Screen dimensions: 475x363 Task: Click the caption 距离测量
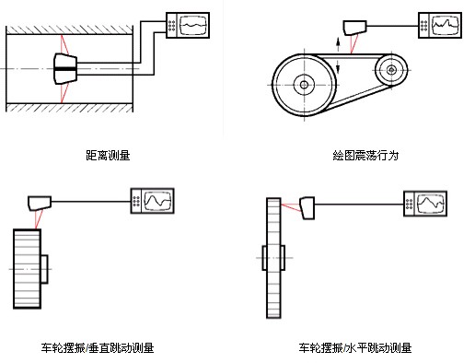pyautogui.click(x=108, y=156)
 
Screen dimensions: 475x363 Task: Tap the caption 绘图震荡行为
pyautogui.click(x=365, y=156)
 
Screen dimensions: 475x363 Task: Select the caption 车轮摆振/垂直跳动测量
pyautogui.click(x=98, y=348)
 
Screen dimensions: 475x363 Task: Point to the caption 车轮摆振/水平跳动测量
pyautogui.click(x=355, y=348)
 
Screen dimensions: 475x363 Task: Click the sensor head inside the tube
pyautogui.click(x=65, y=68)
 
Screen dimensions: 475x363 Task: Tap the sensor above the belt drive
pyautogui.click(x=354, y=28)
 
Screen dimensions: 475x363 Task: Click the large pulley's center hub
pyautogui.click(x=304, y=85)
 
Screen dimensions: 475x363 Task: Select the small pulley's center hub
pyautogui.click(x=391, y=70)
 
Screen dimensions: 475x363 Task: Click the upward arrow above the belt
pyautogui.click(x=338, y=45)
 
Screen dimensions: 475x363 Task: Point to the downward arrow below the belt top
pyautogui.click(x=338, y=66)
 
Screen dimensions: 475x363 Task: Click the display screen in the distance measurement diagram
pyautogui.click(x=193, y=25)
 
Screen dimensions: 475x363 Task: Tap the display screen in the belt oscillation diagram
pyautogui.click(x=446, y=25)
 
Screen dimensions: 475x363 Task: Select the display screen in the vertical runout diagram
pyautogui.click(x=157, y=201)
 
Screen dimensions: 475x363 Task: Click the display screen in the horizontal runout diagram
pyautogui.click(x=431, y=204)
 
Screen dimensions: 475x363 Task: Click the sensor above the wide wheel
pyautogui.click(x=40, y=203)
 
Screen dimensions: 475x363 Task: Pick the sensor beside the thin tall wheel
pyautogui.click(x=307, y=208)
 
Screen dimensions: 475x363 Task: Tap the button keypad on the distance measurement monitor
pyautogui.click(x=172, y=26)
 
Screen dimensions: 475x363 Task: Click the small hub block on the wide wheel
pyautogui.click(x=44, y=269)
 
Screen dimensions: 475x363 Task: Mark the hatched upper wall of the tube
pyautogui.click(x=70, y=29)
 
